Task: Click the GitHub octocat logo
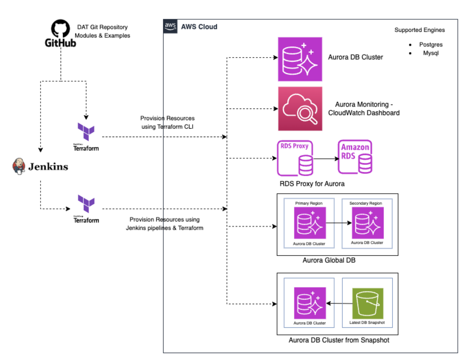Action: pyautogui.click(x=60, y=29)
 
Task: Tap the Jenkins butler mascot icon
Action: pyautogui.click(x=19, y=166)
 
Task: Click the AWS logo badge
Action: pyautogui.click(x=170, y=26)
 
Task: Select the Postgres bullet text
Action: pyautogui.click(x=430, y=44)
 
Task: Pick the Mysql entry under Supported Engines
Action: pyautogui.click(x=430, y=53)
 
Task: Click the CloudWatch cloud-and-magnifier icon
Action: pyautogui.click(x=300, y=109)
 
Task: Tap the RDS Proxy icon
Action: pyautogui.click(x=295, y=158)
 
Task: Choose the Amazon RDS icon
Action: pyautogui.click(x=355, y=157)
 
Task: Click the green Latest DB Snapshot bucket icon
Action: pyautogui.click(x=368, y=303)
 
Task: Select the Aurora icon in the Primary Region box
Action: pyautogui.click(x=310, y=223)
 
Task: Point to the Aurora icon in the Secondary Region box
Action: pyautogui.click(x=368, y=223)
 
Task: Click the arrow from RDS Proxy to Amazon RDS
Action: pyautogui.click(x=326, y=159)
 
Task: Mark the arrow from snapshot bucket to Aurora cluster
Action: pyautogui.click(x=339, y=303)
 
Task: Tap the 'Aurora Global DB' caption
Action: pyautogui.click(x=329, y=260)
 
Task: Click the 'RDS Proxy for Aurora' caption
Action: pyautogui.click(x=312, y=184)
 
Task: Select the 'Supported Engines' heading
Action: pyautogui.click(x=419, y=30)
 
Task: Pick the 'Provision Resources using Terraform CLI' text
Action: pyautogui.click(x=167, y=123)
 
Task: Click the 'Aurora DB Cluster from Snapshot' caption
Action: pyautogui.click(x=339, y=340)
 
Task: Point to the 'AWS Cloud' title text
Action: pyautogui.click(x=199, y=27)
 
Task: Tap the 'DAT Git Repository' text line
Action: pyautogui.click(x=102, y=27)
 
